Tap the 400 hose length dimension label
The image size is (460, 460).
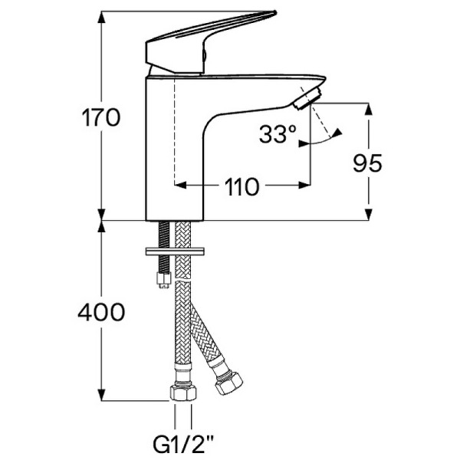click(x=101, y=312)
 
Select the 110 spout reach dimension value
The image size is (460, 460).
click(x=242, y=186)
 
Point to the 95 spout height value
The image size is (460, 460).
click(x=368, y=163)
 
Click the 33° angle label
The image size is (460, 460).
click(x=277, y=136)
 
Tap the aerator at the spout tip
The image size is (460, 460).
click(x=307, y=97)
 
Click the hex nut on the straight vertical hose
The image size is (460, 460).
click(x=182, y=393)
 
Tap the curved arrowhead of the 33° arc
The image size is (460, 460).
click(x=337, y=133)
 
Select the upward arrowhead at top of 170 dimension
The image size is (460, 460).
click(x=101, y=17)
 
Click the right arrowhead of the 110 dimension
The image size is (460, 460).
click(x=304, y=185)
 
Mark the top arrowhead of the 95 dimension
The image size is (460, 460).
click(x=369, y=110)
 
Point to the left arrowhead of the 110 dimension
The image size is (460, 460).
click(x=182, y=185)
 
